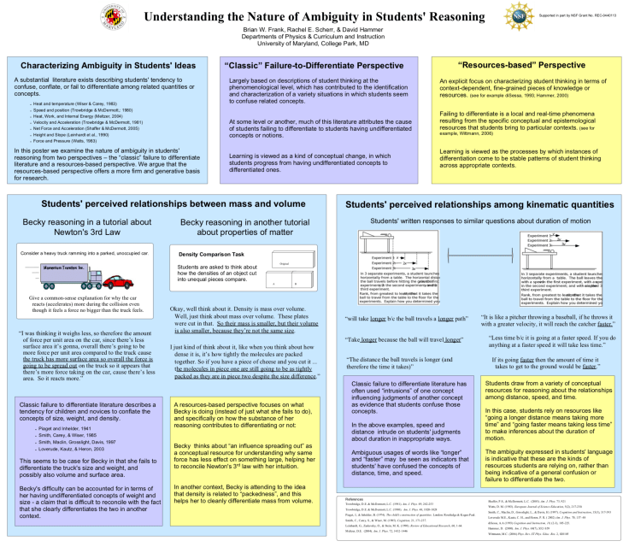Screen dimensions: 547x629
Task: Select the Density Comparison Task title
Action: coord(212,255)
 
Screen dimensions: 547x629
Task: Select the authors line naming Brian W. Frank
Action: coord(314,29)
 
